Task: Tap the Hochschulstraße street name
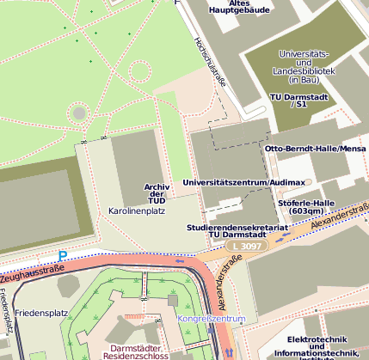click(x=210, y=63)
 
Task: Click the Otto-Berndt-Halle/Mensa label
click(x=316, y=149)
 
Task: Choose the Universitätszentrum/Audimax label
click(x=243, y=183)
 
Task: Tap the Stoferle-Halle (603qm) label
click(x=306, y=207)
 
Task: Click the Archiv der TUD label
click(x=155, y=193)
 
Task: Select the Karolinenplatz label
click(x=136, y=211)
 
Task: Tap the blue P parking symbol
click(x=62, y=255)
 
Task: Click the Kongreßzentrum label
click(x=212, y=320)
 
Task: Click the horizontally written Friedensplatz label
click(x=40, y=313)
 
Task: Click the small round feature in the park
click(x=79, y=111)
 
